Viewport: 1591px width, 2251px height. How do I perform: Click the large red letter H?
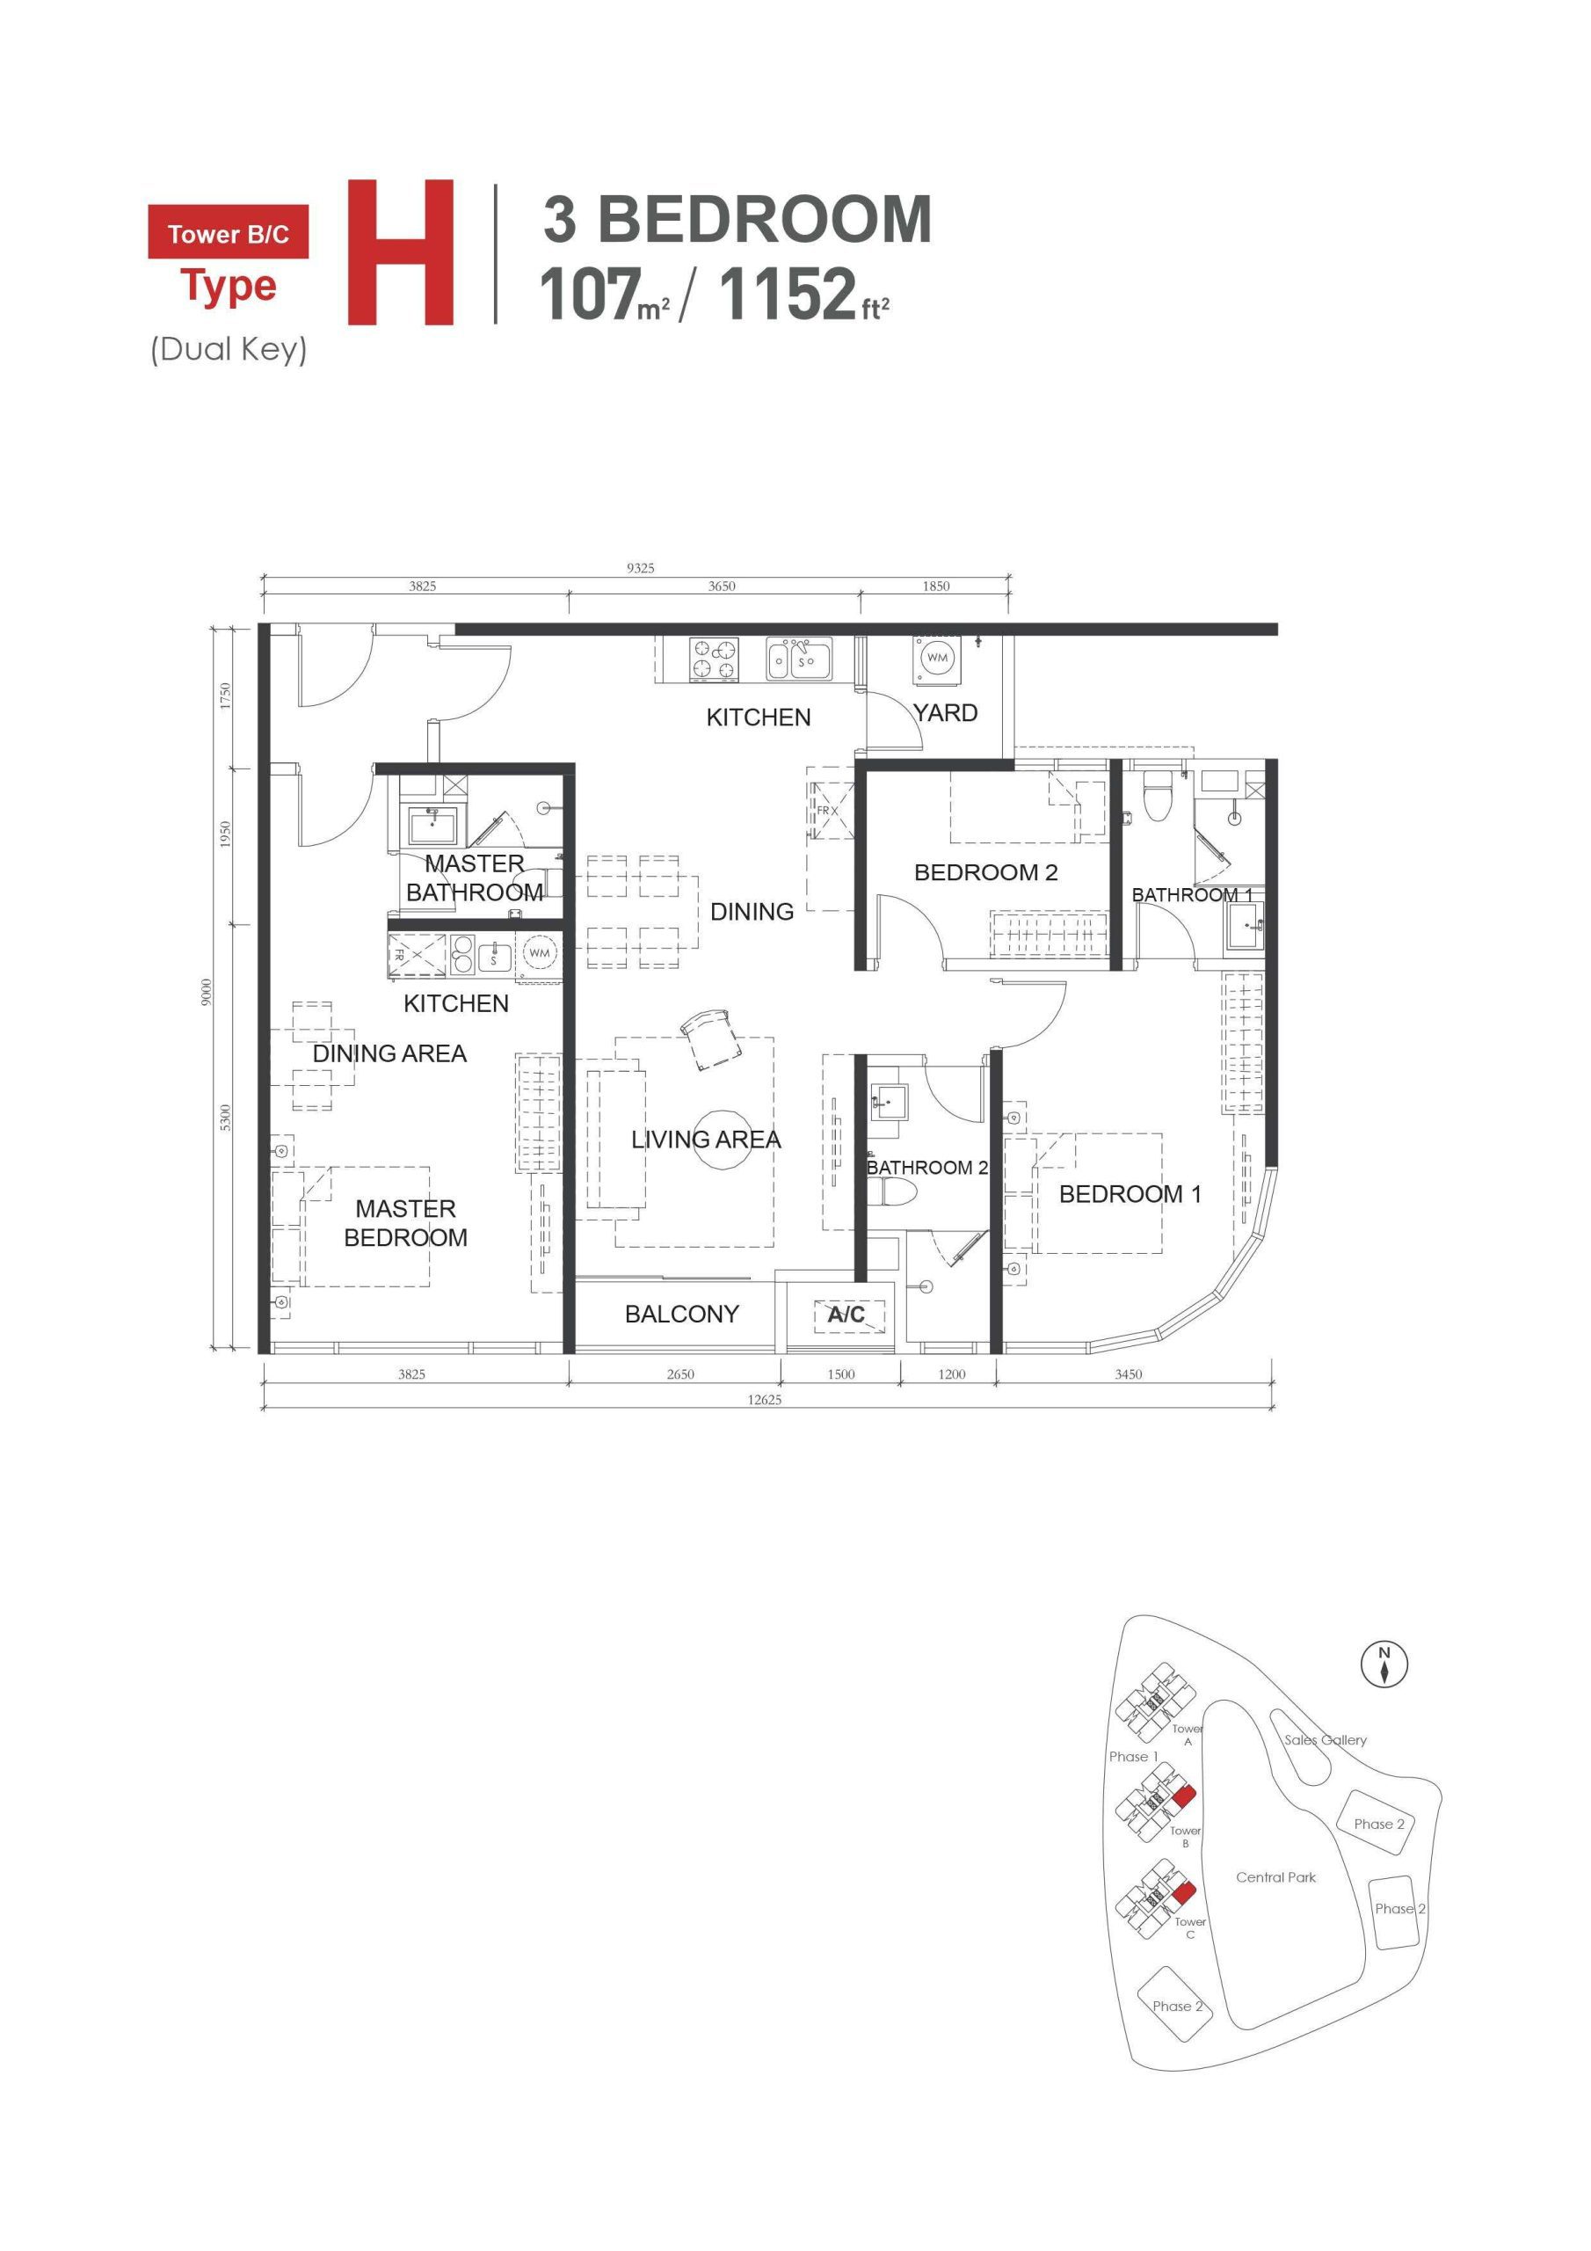[400, 252]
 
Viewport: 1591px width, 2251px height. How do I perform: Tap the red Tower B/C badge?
[228, 232]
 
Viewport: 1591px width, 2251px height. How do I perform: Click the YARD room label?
[945, 713]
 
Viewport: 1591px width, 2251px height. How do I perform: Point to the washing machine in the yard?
[937, 658]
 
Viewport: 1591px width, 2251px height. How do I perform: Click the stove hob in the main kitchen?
[713, 659]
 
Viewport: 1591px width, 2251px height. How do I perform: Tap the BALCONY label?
[681, 1314]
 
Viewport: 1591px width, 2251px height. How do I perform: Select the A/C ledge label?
[847, 1314]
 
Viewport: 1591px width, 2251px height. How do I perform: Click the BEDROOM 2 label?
[985, 872]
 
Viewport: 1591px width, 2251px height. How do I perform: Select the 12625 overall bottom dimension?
[765, 1400]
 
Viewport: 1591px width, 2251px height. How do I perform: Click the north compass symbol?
[1384, 1665]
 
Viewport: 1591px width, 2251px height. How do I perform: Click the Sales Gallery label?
[1326, 1739]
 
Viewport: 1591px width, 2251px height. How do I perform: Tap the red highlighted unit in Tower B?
[1183, 1797]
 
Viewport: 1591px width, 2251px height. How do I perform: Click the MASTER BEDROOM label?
[405, 1222]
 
